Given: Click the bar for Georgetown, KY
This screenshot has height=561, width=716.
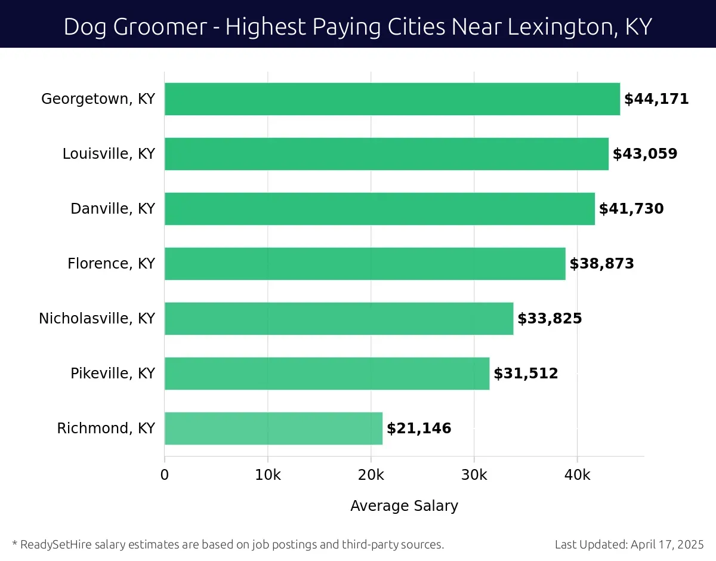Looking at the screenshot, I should pos(392,99).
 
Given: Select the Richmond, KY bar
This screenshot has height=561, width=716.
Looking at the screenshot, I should pos(273,429).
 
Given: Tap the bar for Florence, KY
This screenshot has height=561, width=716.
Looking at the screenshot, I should pos(365,264).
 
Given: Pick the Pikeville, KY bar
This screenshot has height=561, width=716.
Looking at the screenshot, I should pos(327,374).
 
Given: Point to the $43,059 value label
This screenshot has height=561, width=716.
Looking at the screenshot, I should pos(645,154).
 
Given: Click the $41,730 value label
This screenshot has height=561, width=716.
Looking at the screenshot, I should pos(631,209).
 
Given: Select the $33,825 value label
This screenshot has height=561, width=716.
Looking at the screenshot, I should pos(550,319).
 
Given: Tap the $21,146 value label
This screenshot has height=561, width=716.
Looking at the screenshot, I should pos(419,429).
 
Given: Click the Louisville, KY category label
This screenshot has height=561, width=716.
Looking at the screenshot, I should pos(109,154).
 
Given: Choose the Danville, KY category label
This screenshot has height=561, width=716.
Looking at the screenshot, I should pos(113,209).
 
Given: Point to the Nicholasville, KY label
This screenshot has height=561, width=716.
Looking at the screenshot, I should pos(97,319).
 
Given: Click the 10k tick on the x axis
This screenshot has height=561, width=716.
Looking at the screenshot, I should pos(267,475).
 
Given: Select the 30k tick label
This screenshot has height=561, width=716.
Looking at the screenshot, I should pos(474,475).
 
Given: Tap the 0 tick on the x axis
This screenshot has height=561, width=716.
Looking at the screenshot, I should pos(165,475).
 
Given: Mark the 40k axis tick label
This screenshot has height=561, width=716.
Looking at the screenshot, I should pos(577,475).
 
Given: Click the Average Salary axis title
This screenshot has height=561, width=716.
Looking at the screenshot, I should pos(404,506).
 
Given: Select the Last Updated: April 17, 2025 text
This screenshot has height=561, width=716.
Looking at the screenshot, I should pos(629,544).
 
